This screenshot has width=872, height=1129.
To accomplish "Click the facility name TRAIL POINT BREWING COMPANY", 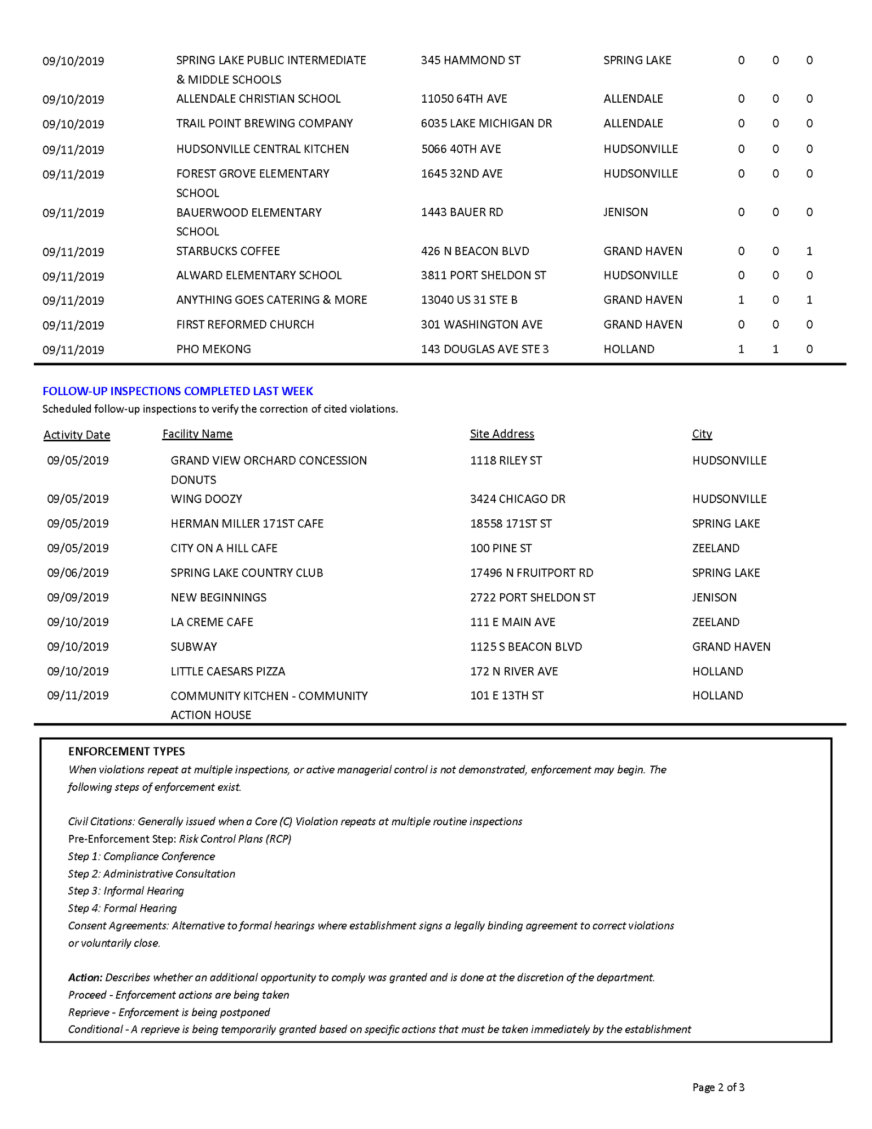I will (264, 124).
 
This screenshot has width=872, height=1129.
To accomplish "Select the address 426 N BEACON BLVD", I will (475, 251).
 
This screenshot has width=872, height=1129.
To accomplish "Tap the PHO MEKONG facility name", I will (213, 349).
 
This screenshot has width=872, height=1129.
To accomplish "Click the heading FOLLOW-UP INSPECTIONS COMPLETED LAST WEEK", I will (178, 391).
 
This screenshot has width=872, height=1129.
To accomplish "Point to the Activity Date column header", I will (77, 435).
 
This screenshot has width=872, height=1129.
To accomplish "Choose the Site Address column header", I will (502, 434).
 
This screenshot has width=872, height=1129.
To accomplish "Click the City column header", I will (702, 434).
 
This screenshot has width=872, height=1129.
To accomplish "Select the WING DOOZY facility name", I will (206, 499).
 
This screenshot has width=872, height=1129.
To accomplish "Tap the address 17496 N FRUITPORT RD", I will (531, 573).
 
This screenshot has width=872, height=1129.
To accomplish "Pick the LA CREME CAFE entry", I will (212, 622).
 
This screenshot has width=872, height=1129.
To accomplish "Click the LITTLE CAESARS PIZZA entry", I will (227, 671).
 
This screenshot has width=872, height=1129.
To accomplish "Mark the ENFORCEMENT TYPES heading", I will (126, 751).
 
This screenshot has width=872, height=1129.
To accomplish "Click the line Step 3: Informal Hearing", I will (126, 891).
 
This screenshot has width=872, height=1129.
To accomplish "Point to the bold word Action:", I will (85, 977).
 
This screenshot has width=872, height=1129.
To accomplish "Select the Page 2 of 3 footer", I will (718, 1087).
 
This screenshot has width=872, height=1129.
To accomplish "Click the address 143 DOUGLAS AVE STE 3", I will (484, 349).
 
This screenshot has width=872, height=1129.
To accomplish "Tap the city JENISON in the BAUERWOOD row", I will (625, 212).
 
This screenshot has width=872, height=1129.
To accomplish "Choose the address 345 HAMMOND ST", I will (470, 60).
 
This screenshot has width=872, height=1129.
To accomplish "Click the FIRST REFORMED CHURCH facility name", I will (245, 325).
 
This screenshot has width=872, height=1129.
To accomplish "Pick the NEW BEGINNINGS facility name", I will (218, 597).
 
